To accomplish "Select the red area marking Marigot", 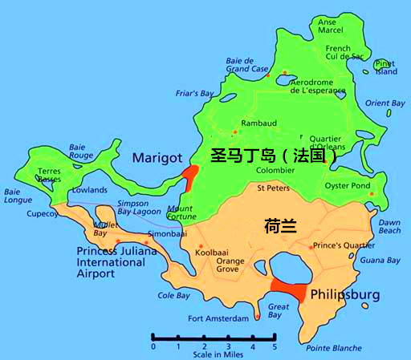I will coord(190,175).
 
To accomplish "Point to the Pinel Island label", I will coord(386,67).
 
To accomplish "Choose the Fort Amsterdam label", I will coord(218,318).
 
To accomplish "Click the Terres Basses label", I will coord(49,176).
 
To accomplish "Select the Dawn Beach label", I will coord(389,226).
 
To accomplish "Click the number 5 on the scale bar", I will coord(275,346).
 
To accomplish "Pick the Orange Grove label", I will coord(230,265).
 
